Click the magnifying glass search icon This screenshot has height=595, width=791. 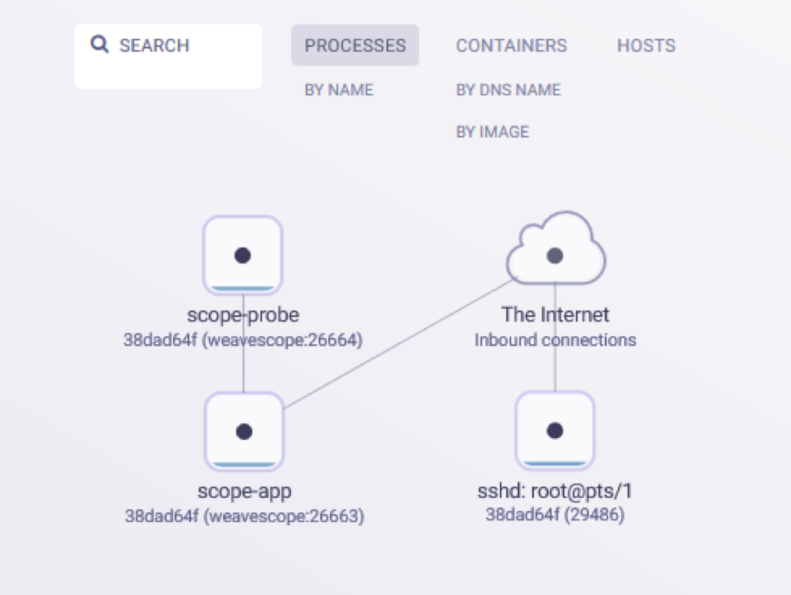(x=99, y=44)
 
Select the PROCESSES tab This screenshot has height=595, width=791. (x=355, y=46)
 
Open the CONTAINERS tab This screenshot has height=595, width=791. (x=511, y=46)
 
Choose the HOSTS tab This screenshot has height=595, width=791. (x=646, y=46)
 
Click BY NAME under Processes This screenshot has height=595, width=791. (x=338, y=90)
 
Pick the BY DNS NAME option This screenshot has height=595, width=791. (x=508, y=90)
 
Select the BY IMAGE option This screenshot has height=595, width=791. (x=492, y=132)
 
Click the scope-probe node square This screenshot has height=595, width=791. (x=243, y=256)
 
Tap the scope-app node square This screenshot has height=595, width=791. (x=244, y=431)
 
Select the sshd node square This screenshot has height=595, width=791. (x=554, y=430)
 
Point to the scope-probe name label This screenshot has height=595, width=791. (x=243, y=315)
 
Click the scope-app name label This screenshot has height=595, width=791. (x=244, y=491)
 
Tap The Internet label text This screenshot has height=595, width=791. (x=555, y=315)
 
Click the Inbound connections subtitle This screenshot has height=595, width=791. (x=555, y=340)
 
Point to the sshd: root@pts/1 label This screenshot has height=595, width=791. (x=555, y=491)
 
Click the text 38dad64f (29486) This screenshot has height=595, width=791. (x=555, y=514)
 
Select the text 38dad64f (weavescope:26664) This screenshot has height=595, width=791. (x=243, y=340)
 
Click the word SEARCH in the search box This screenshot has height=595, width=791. (x=154, y=46)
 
